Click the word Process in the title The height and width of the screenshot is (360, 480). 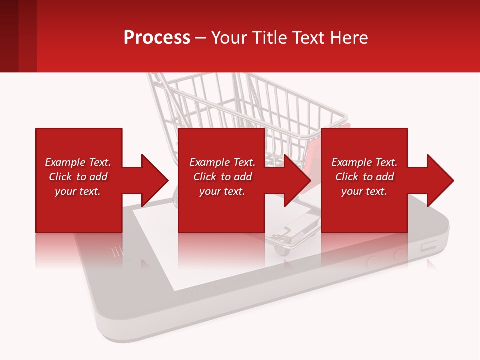click(157, 38)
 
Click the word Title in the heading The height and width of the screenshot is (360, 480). click(269, 38)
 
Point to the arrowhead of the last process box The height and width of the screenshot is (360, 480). click(439, 180)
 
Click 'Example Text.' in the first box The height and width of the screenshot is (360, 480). click(78, 162)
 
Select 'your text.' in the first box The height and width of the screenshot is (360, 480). click(78, 191)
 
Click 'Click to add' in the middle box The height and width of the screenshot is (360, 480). click(222, 177)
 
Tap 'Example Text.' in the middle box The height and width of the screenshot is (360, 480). click(222, 162)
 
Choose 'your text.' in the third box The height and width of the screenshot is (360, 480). click(364, 191)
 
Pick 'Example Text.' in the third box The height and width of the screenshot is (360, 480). click(364, 162)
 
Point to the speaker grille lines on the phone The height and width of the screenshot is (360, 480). click(116, 251)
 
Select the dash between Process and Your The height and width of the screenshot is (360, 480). click(200, 38)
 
